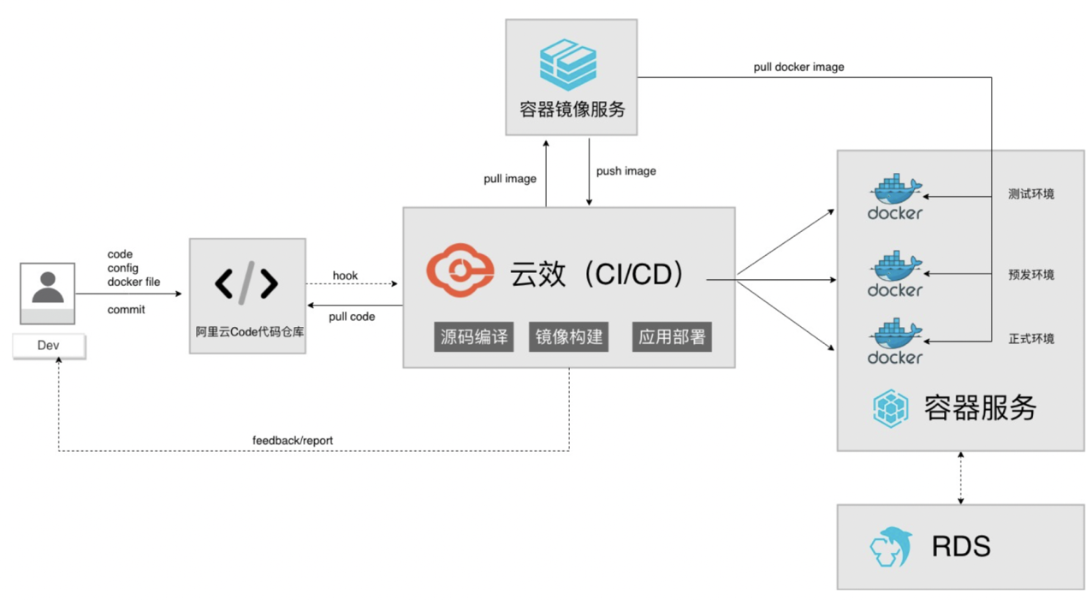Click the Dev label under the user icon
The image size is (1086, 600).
point(48,346)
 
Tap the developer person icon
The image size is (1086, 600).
point(48,288)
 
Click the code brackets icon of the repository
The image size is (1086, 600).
point(246,283)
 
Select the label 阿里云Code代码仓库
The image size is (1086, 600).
point(249,332)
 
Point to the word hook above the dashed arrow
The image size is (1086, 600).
point(345,276)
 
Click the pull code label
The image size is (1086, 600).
point(352,317)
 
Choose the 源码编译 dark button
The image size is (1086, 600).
point(474,337)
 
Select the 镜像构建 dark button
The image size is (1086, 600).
point(569,337)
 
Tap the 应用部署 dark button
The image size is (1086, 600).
point(672,337)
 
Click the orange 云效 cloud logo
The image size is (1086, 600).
point(460,270)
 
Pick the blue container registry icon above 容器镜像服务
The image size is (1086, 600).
point(568,64)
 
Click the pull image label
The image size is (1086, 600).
point(510,179)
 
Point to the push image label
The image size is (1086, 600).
point(626,171)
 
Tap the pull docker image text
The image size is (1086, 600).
point(798,67)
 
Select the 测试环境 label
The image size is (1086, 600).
point(1030,194)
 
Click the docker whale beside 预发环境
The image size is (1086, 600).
point(895,274)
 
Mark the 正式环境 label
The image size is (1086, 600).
point(1030,339)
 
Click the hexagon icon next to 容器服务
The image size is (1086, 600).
point(891,408)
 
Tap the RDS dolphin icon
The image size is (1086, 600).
point(891,547)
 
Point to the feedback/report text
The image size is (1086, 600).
point(293,441)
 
